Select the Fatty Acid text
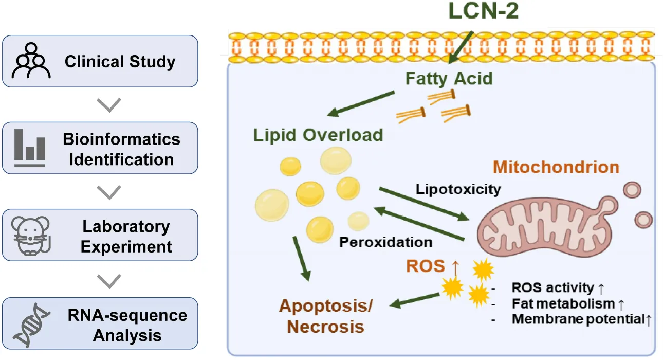coord(449,79)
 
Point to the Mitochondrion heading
coord(556,167)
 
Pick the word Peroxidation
coord(385,241)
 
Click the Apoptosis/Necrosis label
coord(326,315)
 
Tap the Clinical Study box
coord(100,61)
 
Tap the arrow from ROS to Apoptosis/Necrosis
coord(414,300)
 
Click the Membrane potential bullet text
coord(581,319)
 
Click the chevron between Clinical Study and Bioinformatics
coord(108,105)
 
